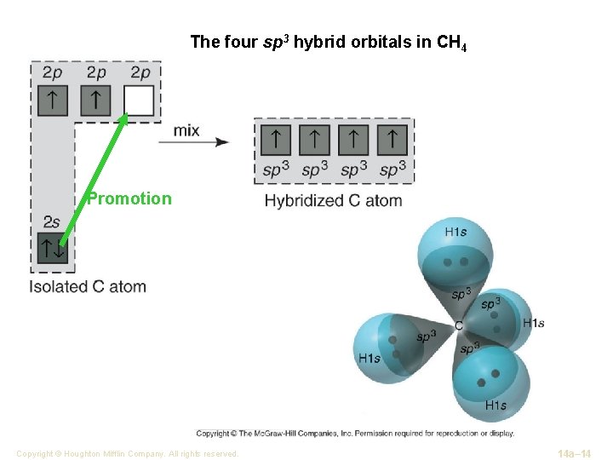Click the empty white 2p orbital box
click(139, 101)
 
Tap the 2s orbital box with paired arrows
click(52, 250)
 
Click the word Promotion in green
click(129, 199)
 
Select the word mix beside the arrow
click(186, 130)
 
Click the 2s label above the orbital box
click(51, 222)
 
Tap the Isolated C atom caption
click(88, 287)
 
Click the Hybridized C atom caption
click(333, 201)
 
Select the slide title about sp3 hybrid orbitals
click(328, 43)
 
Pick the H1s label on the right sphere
click(534, 323)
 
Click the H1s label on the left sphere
click(370, 358)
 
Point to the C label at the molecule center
click(459, 325)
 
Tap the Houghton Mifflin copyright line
click(127, 454)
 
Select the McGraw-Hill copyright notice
click(355, 433)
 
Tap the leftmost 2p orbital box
click(52, 101)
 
